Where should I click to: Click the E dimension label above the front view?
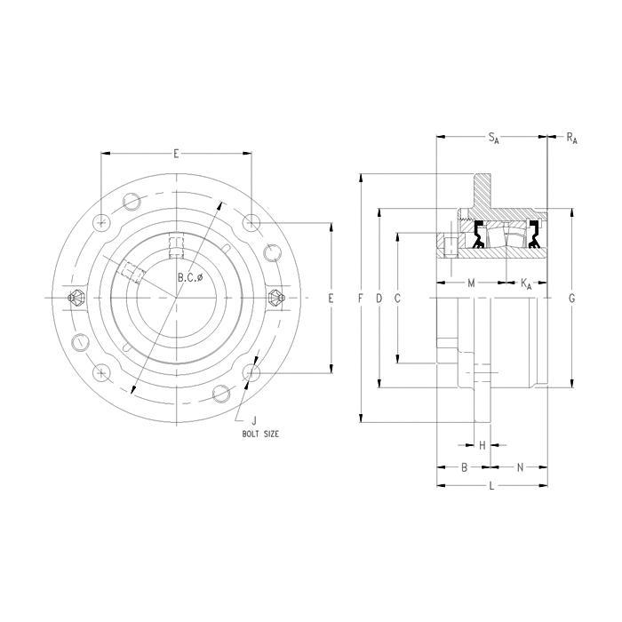pos(176,154)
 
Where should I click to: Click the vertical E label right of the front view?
pos(331,299)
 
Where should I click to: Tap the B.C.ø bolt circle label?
pos(190,278)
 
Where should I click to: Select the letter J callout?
pos(254,420)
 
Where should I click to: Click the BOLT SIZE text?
pos(260,434)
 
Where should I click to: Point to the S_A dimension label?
pos(492,138)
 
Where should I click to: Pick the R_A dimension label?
pos(571,138)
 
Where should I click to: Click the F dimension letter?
pos(361,299)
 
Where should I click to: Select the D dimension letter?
pos(379,299)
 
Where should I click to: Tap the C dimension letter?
pos(397,299)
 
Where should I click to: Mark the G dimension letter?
pos(571,299)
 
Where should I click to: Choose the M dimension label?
pos(471,283)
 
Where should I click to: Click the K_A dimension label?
pos(525,283)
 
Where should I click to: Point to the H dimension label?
pos(482,444)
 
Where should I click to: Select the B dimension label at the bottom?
pos(464,466)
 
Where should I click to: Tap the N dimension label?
pos(520,466)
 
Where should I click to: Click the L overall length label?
pos(491,486)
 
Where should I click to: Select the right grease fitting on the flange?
pos(275,298)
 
